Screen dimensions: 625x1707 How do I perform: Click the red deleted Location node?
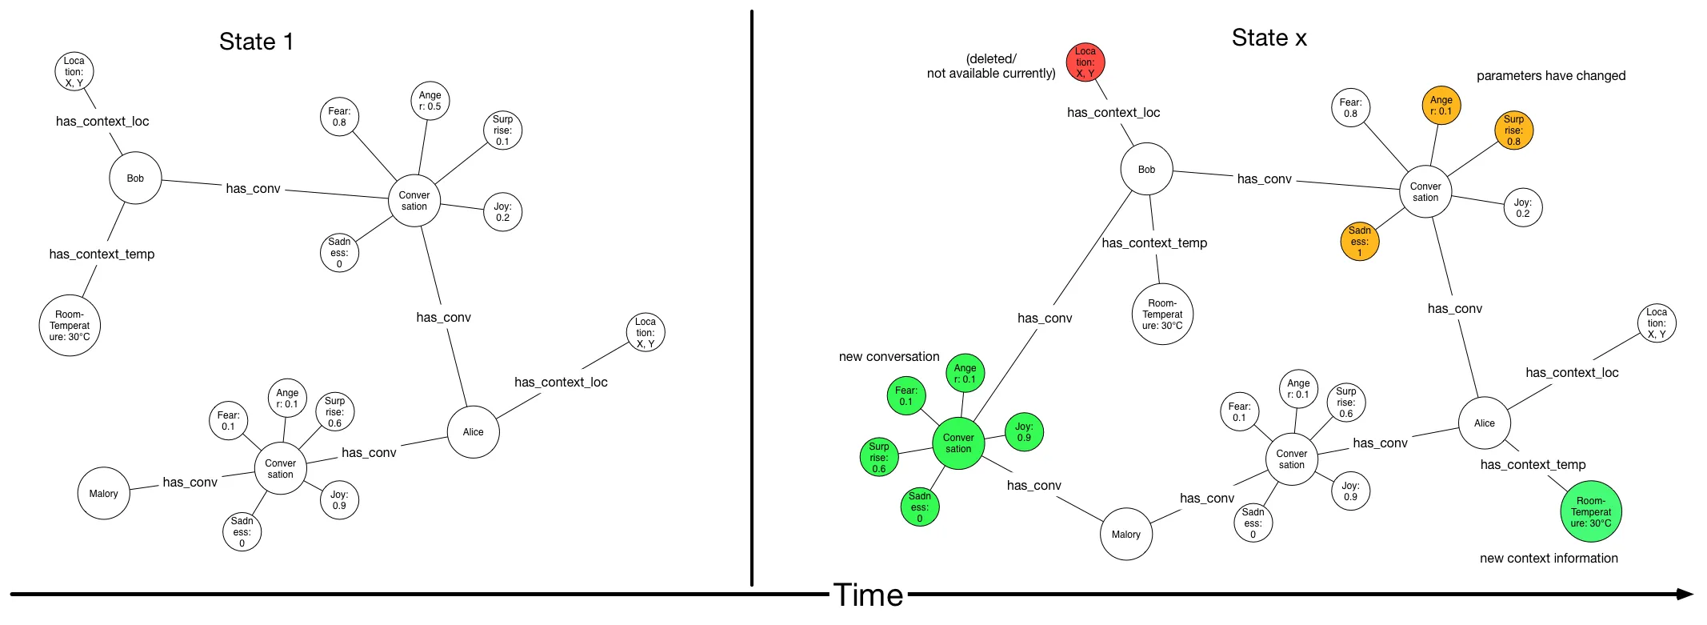click(1085, 62)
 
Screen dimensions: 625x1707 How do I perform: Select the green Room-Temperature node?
click(1591, 511)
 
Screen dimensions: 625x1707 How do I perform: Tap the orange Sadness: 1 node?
click(1360, 241)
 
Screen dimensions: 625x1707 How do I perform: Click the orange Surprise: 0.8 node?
click(1513, 130)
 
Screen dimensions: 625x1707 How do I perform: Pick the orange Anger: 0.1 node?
click(1441, 106)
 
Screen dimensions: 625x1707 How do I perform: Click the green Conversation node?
click(958, 443)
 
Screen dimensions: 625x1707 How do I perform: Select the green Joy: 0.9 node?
click(1024, 432)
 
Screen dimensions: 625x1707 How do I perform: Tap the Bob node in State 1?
click(135, 178)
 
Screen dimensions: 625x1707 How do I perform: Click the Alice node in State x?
click(1485, 423)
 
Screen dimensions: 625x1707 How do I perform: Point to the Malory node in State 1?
click(103, 494)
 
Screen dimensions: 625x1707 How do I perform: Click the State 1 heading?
click(256, 42)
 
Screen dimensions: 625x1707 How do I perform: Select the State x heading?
click(1269, 38)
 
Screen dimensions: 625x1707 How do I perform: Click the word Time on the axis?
click(868, 595)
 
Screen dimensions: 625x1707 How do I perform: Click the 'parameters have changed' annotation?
click(1550, 76)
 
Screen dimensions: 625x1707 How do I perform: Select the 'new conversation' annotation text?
click(889, 357)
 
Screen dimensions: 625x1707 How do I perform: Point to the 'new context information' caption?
click(1549, 559)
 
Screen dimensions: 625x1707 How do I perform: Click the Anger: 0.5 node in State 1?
click(430, 101)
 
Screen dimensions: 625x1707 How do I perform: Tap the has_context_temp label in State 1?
click(102, 254)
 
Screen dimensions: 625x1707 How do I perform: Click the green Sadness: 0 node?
click(920, 507)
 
